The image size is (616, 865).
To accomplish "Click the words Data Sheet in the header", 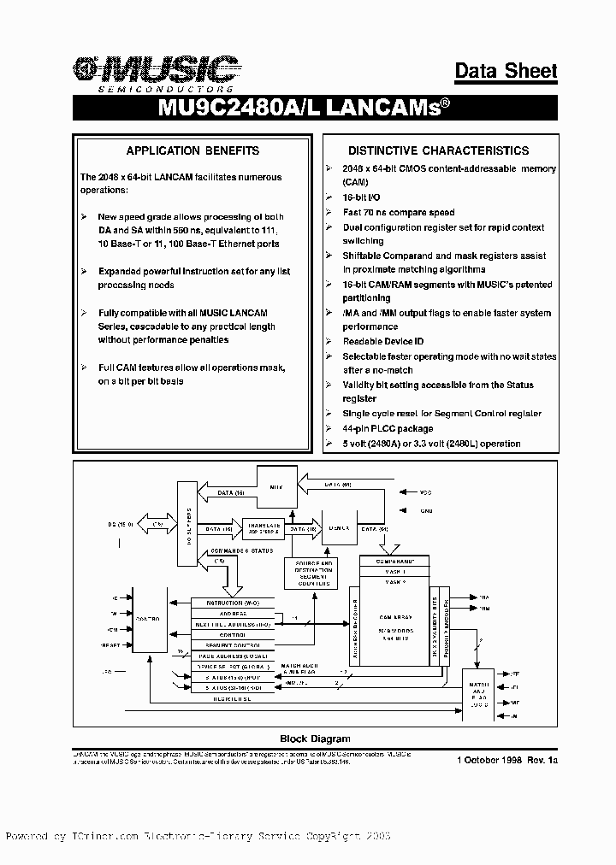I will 506,71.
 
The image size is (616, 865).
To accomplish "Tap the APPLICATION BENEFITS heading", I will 192,150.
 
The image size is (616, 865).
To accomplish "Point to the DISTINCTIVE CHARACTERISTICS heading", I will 438,150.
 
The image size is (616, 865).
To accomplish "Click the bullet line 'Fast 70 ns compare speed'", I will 399,213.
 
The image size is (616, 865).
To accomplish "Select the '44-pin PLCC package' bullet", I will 388,428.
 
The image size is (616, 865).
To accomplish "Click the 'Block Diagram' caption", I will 315,738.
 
